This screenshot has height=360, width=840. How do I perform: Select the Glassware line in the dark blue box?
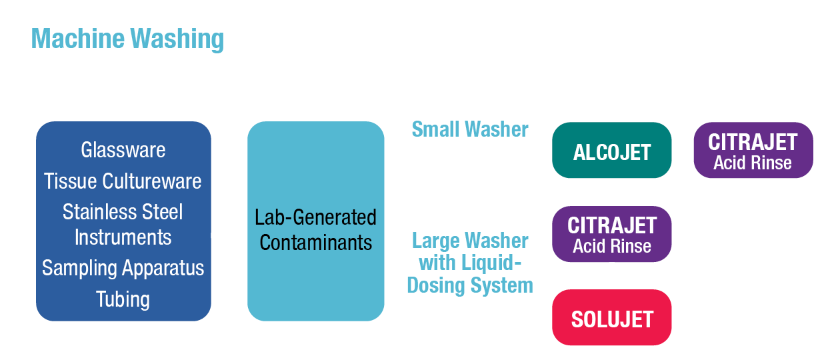[x=123, y=150]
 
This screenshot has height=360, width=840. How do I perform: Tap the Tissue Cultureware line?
[x=123, y=181]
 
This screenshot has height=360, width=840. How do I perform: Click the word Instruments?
[x=123, y=237]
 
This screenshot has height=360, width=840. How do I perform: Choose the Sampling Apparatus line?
[x=123, y=268]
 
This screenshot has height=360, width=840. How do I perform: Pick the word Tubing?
[x=123, y=299]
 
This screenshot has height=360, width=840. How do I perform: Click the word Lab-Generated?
[x=316, y=217]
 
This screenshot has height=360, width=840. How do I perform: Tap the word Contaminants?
[x=316, y=242]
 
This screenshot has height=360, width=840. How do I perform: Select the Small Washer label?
[x=470, y=129]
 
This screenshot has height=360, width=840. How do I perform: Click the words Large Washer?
[x=470, y=241]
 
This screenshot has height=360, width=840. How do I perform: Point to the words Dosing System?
[x=470, y=285]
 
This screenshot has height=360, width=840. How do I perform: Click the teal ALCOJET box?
[x=611, y=153]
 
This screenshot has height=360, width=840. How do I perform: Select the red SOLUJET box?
[x=611, y=319]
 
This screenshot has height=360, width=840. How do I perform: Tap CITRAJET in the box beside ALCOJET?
[x=753, y=142]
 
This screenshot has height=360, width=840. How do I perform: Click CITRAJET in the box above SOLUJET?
[x=611, y=225]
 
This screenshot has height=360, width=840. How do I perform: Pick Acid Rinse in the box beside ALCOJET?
[x=753, y=163]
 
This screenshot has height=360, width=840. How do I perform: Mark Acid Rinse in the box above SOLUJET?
[x=611, y=246]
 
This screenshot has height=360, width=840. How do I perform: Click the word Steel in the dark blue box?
[x=163, y=212]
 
